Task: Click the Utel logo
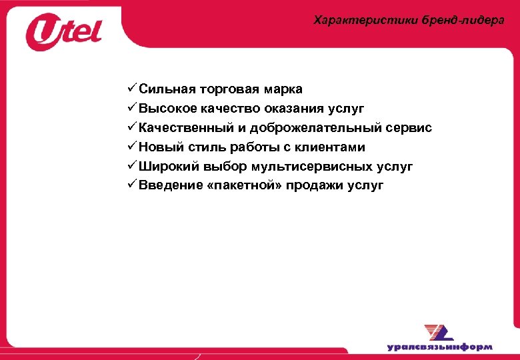[x=63, y=33]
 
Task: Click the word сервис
[x=409, y=128]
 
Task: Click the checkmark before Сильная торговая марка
[x=131, y=89]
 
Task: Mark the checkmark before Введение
[x=131, y=185]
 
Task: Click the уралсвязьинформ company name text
[x=439, y=347]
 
